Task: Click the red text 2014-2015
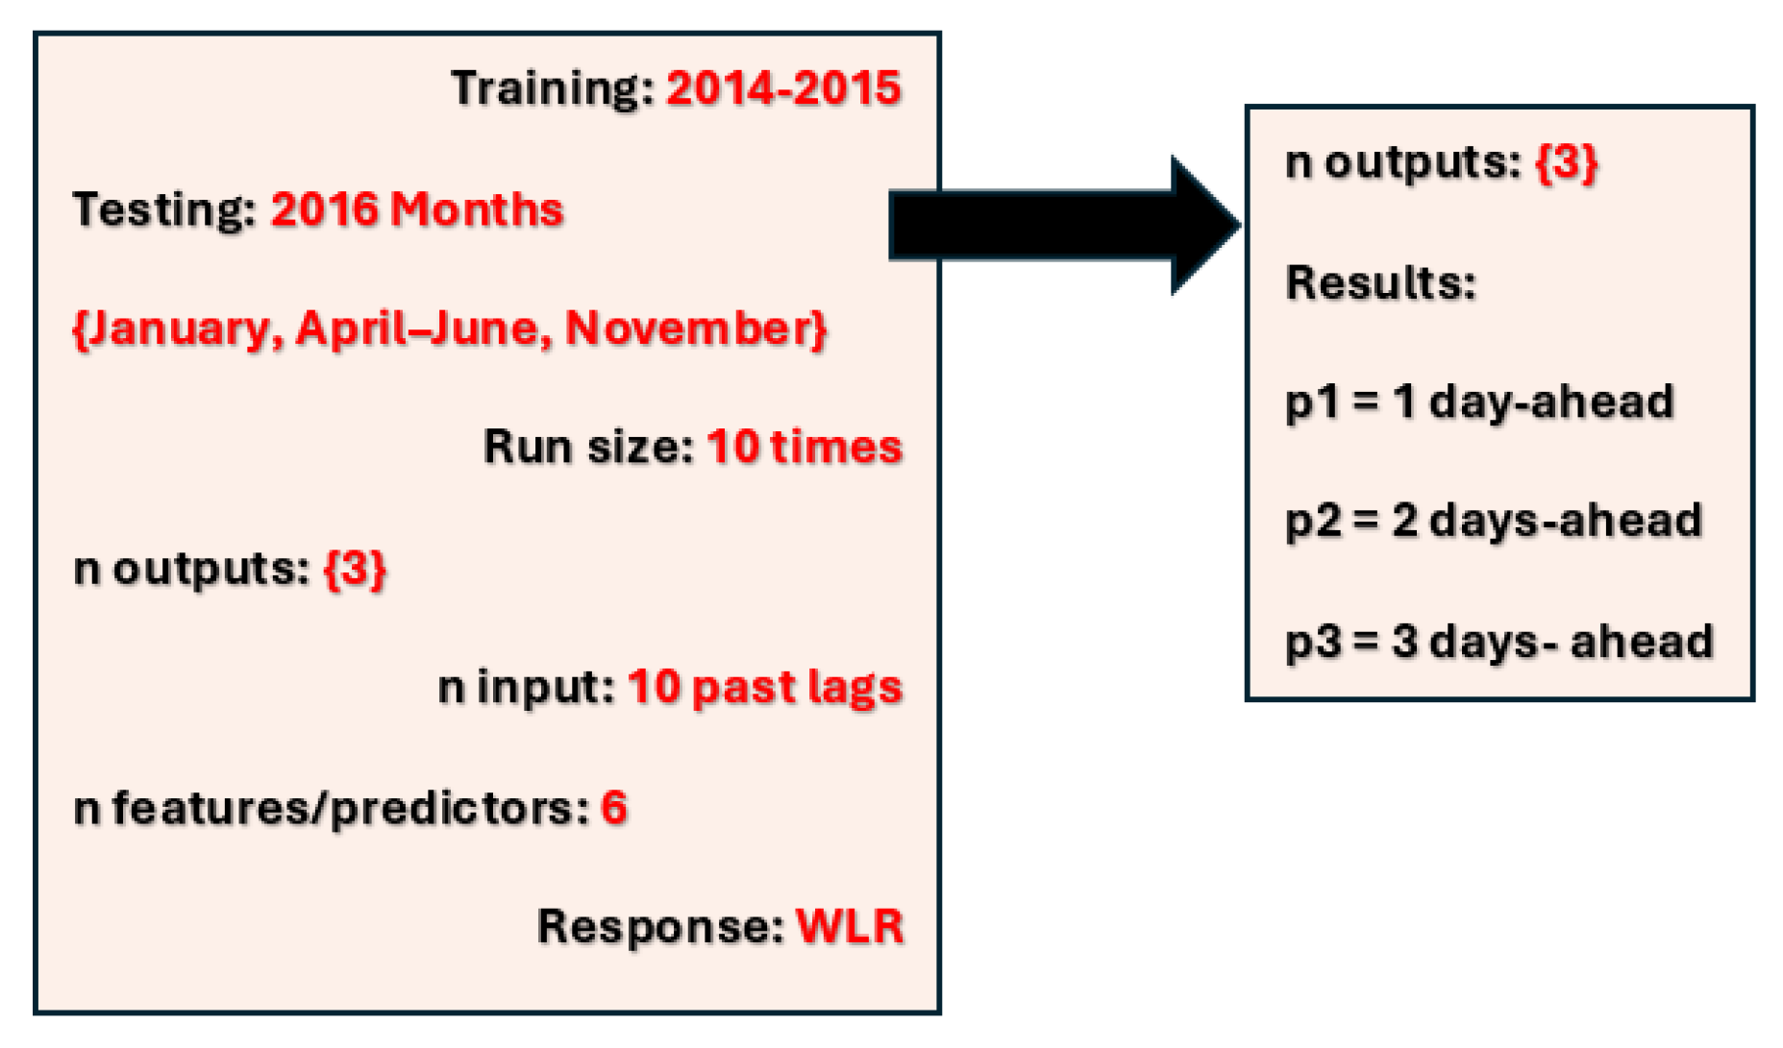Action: [x=783, y=88]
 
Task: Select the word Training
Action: [x=551, y=88]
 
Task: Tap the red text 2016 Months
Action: [x=416, y=209]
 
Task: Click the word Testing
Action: [x=163, y=209]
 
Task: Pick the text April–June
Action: [x=423, y=329]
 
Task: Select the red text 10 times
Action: [x=805, y=448]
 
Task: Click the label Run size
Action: [x=587, y=448]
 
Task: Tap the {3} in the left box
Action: [x=355, y=569]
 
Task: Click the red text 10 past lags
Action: [x=765, y=688]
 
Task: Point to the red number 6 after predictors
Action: [x=614, y=808]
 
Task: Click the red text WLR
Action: [x=850, y=927]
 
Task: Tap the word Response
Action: [x=659, y=927]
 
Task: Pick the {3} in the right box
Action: [x=1566, y=162]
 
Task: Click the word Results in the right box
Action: [x=1380, y=282]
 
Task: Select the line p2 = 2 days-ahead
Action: [x=1493, y=522]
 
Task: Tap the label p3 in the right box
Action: [x=1311, y=642]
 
